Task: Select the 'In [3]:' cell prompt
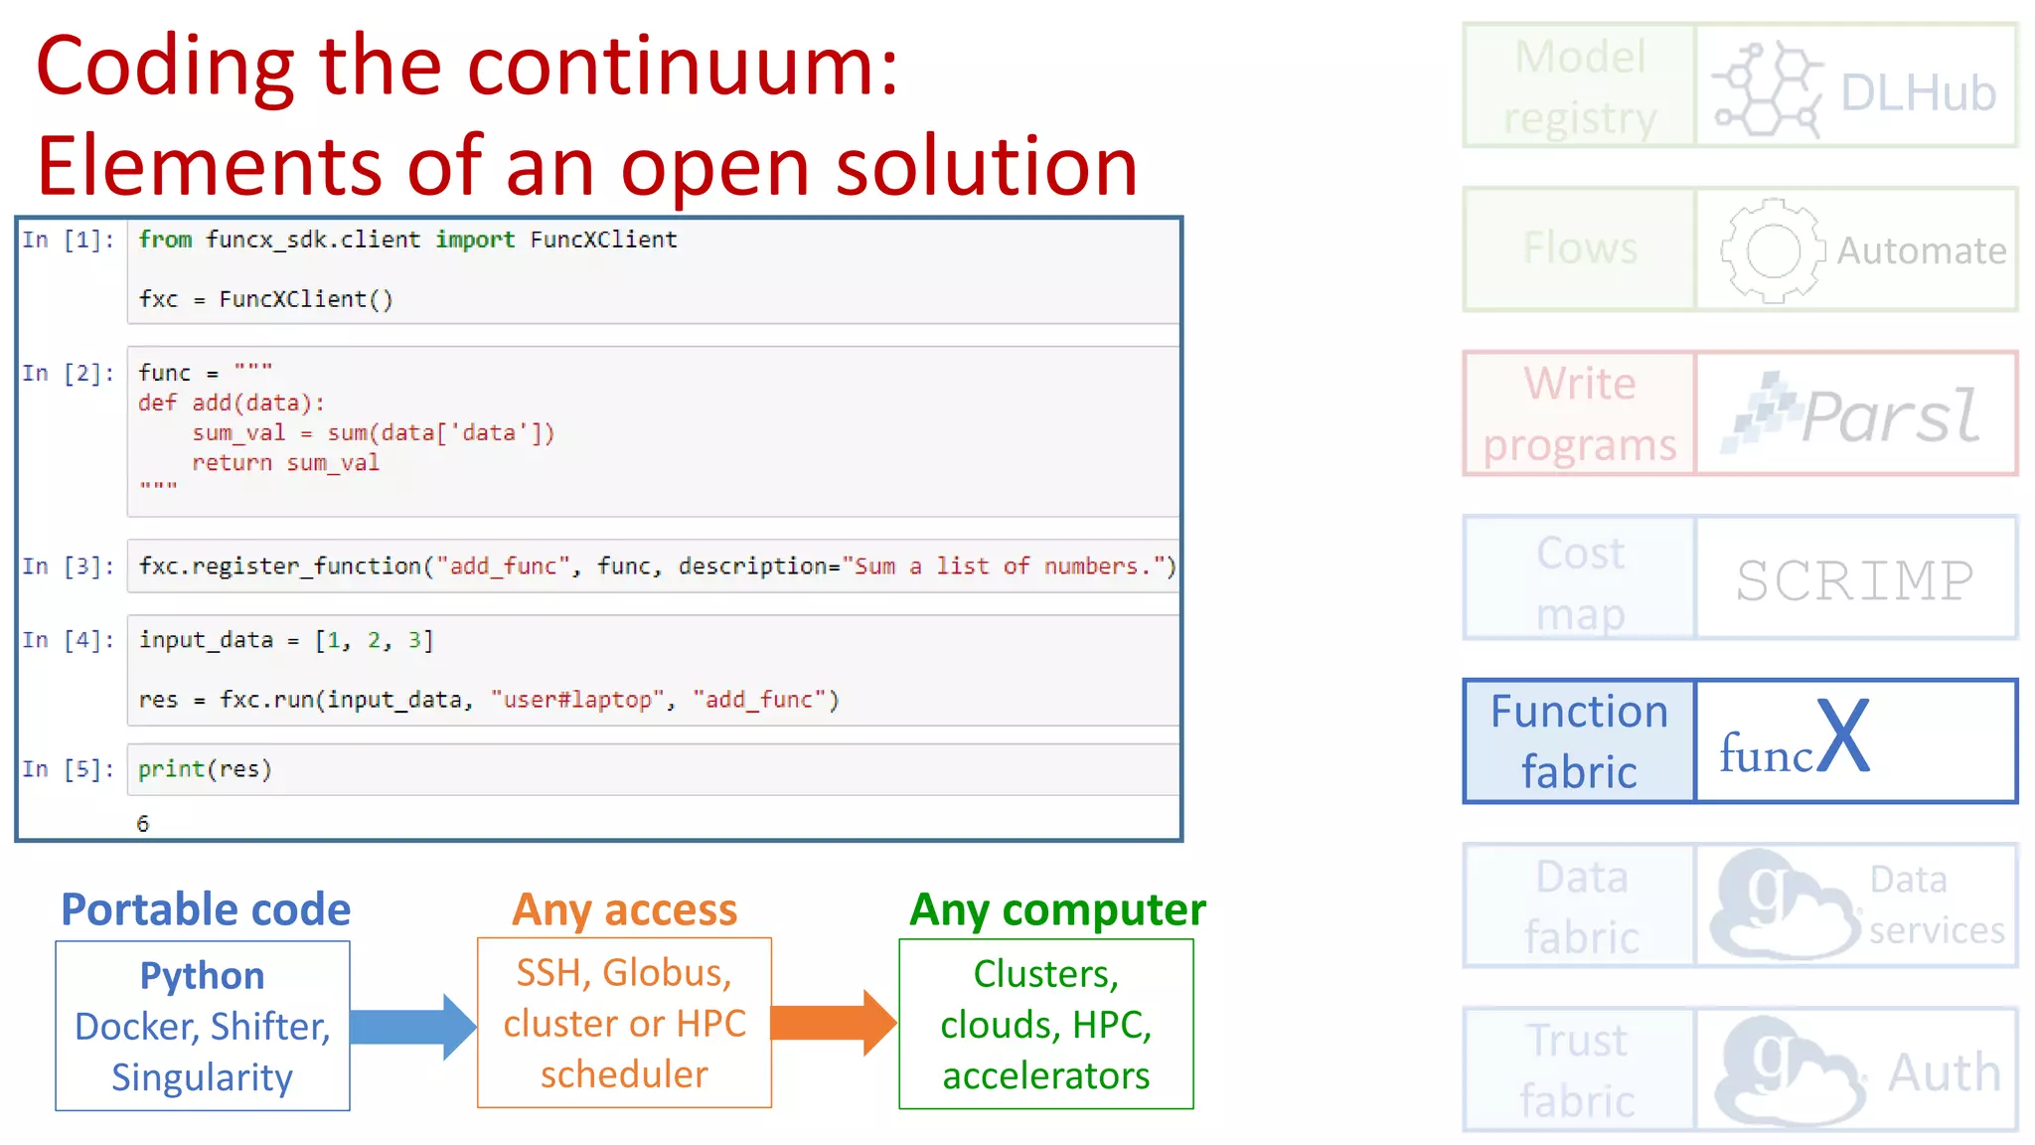[68, 567]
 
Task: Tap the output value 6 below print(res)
[143, 824]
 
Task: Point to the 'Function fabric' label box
[1579, 741]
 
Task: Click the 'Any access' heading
[624, 909]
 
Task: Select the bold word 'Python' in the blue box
[202, 976]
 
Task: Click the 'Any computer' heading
[1057, 909]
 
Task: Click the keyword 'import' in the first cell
[475, 240]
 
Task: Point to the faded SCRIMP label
[1854, 580]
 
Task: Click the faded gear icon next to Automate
[1772, 250]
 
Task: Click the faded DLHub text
[1918, 93]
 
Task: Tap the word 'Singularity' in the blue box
[202, 1077]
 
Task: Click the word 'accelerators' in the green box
[1045, 1075]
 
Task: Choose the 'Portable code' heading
[206, 909]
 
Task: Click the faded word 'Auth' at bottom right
[1944, 1072]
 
